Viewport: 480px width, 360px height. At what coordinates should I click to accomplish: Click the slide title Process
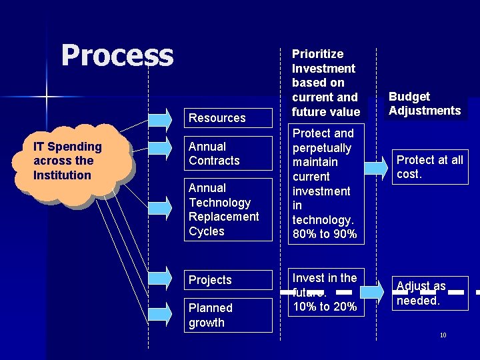117,55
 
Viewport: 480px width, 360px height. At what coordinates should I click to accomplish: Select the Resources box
217,118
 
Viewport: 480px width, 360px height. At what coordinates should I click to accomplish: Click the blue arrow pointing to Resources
160,119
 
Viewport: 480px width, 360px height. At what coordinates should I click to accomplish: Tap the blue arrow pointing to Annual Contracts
160,147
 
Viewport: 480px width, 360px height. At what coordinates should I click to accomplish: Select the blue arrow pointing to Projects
160,278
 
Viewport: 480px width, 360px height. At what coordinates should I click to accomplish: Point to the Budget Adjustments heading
425,104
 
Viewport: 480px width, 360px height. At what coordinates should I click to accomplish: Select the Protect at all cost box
430,167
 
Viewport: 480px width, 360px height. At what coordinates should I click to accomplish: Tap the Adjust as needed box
430,293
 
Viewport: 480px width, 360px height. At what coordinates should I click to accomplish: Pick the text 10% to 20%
325,307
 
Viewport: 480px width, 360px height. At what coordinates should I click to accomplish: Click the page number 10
443,335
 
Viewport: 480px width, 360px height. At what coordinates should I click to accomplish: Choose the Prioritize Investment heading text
325,82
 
